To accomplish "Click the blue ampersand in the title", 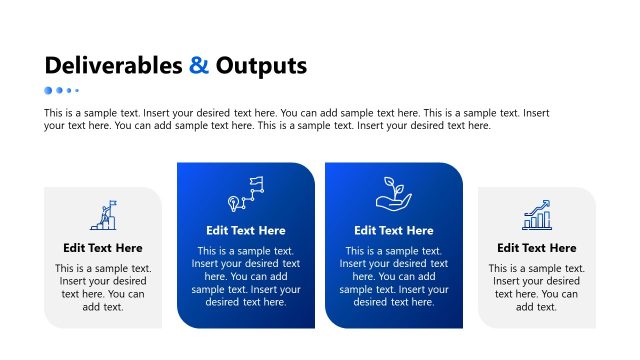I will pyautogui.click(x=199, y=67).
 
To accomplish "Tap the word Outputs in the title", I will pyautogui.click(x=261, y=67).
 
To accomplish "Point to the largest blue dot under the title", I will pyautogui.click(x=48, y=90).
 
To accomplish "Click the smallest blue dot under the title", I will pyautogui.click(x=77, y=90).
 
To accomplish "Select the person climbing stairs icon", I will pyautogui.click(x=103, y=215).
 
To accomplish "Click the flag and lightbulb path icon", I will pyautogui.click(x=246, y=192).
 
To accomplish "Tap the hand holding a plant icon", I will pyautogui.click(x=393, y=192).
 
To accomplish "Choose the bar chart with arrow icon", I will pyautogui.click(x=537, y=214).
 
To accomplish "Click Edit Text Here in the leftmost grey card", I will pyautogui.click(x=103, y=248).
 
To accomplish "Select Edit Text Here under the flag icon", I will pyautogui.click(x=246, y=231).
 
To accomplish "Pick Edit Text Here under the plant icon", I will pyautogui.click(x=394, y=231).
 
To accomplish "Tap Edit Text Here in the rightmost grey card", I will pyautogui.click(x=537, y=248).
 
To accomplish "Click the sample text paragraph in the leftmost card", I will pyautogui.click(x=103, y=288).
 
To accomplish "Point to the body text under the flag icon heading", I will pyautogui.click(x=246, y=276).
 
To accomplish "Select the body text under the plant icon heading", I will pyautogui.click(x=394, y=276).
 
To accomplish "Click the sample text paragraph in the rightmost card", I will pyautogui.click(x=537, y=288).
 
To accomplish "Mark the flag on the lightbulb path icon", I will pyautogui.click(x=256, y=183).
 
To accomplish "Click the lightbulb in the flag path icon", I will pyautogui.click(x=235, y=202).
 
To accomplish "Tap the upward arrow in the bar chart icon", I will pyautogui.click(x=541, y=205).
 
